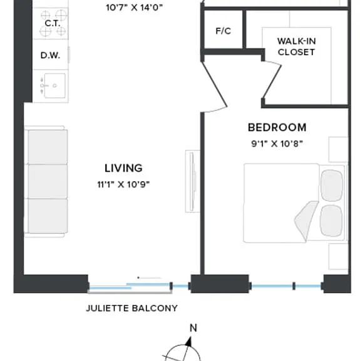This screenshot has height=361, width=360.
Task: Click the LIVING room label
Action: click(x=123, y=168)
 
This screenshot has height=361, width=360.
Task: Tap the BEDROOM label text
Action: click(x=277, y=128)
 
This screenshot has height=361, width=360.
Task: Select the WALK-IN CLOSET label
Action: click(x=296, y=47)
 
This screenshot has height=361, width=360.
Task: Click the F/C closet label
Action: click(x=223, y=31)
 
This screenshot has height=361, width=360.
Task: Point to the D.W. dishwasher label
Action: click(x=50, y=55)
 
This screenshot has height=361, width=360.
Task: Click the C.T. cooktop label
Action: click(x=53, y=23)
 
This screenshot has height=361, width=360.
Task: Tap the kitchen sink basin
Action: click(x=54, y=86)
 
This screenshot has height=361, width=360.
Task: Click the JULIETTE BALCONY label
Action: click(x=132, y=308)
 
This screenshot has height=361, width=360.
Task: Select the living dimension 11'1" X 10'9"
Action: click(x=123, y=184)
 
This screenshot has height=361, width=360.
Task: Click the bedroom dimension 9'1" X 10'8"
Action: click(x=277, y=144)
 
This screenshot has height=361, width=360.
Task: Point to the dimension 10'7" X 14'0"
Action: click(x=135, y=8)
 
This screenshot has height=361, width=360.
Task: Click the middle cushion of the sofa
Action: click(x=48, y=181)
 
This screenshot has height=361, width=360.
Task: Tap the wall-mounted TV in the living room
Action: click(x=193, y=181)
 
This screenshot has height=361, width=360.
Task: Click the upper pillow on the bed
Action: click(x=332, y=186)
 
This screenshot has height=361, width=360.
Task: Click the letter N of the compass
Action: click(x=193, y=328)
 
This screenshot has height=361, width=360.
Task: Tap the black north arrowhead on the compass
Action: click(x=189, y=342)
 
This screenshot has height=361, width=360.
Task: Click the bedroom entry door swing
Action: click(x=214, y=87)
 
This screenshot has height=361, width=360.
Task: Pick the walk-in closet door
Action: click(x=272, y=81)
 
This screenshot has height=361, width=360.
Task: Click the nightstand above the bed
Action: click(x=338, y=150)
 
